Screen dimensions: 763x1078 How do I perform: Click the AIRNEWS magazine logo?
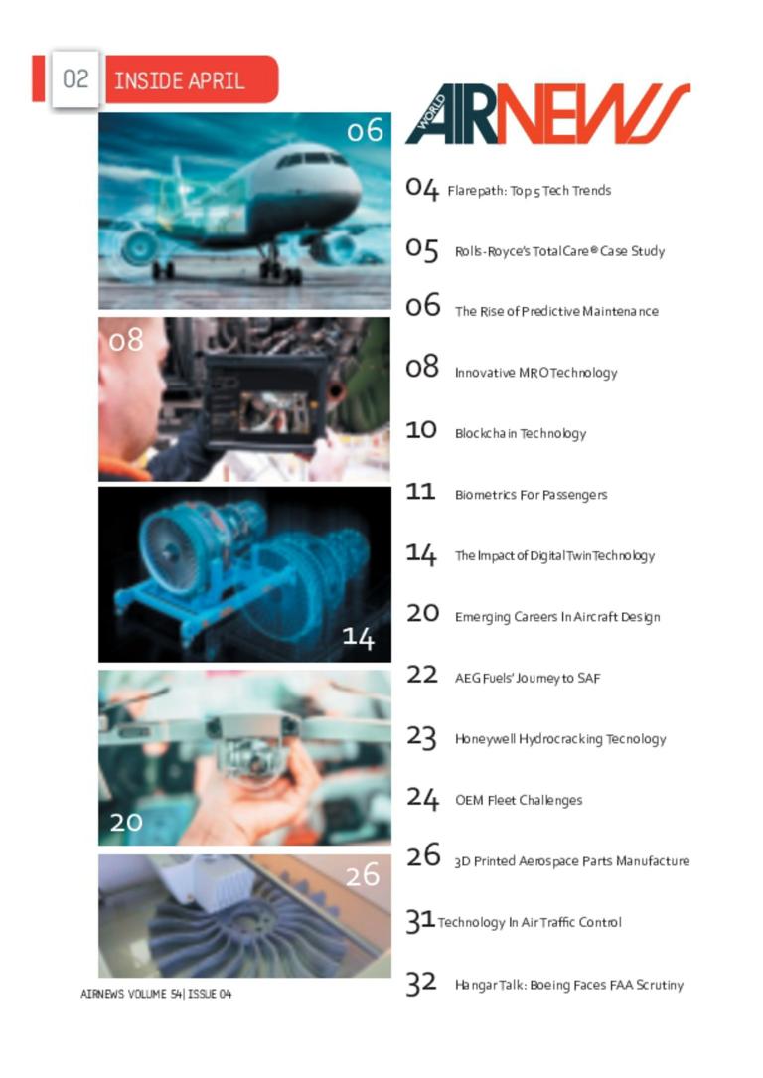547,114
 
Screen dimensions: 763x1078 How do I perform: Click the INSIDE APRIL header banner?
192,79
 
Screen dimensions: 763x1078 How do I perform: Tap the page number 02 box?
75,79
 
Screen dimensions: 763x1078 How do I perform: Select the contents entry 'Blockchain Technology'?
521,434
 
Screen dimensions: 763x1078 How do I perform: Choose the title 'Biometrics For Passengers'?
531,495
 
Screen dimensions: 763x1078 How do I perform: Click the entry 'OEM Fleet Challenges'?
519,800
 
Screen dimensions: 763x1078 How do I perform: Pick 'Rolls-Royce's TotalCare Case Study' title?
559,251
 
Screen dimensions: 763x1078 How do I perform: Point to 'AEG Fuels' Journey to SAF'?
528,679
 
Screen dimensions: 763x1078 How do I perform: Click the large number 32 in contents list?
421,984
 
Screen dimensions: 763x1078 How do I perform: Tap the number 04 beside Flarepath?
421,189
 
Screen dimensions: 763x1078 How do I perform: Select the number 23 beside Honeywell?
421,737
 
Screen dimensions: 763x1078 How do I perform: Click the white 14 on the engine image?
358,637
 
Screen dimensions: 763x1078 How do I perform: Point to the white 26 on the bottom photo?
363,875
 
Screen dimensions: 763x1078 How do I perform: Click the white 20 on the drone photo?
126,822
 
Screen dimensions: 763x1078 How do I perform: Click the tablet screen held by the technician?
274,412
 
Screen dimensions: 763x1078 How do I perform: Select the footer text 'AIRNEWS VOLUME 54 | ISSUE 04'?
156,995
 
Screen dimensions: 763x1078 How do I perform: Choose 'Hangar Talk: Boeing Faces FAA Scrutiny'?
569,986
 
